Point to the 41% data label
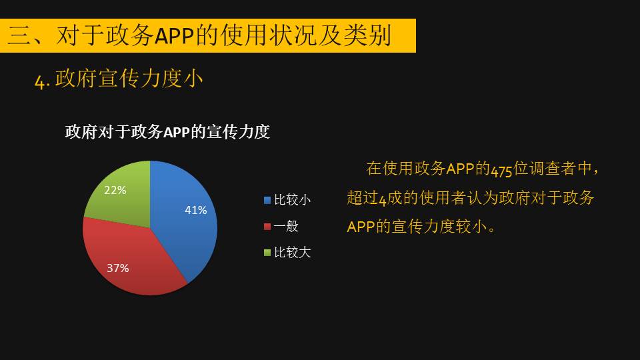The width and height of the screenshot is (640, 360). pos(195,210)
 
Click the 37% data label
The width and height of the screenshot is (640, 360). pos(117,268)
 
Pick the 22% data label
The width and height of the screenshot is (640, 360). pos(115,190)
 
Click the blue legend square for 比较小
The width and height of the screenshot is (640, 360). pos(267,200)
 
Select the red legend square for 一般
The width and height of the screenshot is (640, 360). pos(267,227)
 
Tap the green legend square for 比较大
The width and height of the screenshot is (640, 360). pos(267,253)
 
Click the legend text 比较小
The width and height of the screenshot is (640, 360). pos(292,200)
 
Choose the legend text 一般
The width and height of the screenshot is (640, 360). pos(286,226)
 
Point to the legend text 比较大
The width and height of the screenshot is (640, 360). pos(292,253)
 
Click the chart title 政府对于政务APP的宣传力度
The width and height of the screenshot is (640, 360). pos(167,132)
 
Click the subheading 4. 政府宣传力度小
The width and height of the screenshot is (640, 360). pos(119,79)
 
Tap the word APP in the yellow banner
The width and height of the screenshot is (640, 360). pos(174,36)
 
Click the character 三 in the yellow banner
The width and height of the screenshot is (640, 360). pos(20,35)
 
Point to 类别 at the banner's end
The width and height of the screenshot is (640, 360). pos(368,35)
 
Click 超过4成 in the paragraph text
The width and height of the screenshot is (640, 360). pos(374,198)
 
